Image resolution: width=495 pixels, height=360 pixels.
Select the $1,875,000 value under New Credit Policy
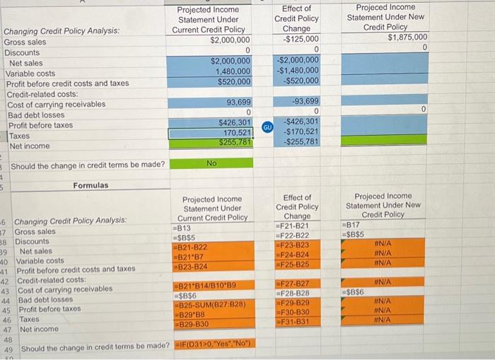click(x=407, y=37)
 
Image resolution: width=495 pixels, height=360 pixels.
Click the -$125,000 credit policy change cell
click(x=301, y=39)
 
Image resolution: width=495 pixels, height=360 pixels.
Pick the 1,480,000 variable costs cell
click(x=232, y=72)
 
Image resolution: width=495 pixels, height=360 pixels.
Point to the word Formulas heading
click(x=91, y=185)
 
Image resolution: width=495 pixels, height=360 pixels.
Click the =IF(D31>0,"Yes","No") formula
click(x=215, y=346)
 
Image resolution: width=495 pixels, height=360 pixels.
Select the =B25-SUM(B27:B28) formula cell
click(x=210, y=304)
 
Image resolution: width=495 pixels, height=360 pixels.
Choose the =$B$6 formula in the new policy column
click(x=354, y=292)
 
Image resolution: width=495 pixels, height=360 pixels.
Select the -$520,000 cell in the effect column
click(x=301, y=81)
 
